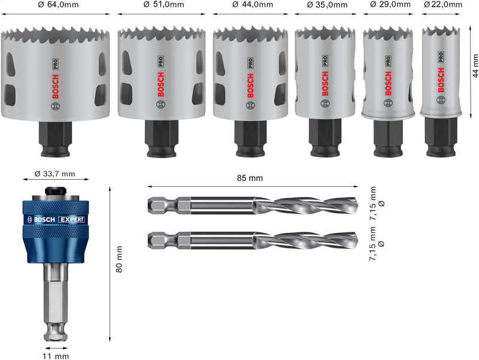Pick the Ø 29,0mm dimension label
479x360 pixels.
389,5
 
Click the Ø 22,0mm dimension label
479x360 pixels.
443,5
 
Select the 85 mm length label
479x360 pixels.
250,178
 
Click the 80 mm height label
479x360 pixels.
119,260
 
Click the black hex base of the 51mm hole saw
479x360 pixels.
162,137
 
